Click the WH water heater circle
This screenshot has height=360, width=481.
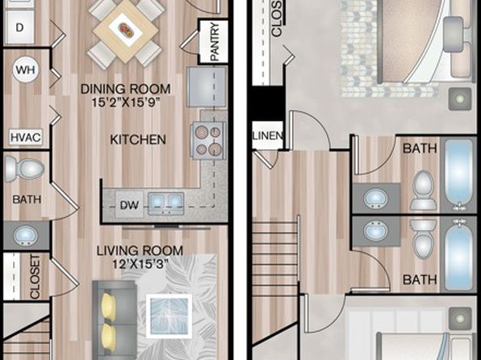pos(26,69)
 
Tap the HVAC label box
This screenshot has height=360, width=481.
pos(26,137)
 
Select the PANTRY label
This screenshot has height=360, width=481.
pos(215,41)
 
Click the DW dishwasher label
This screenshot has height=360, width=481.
pos(129,205)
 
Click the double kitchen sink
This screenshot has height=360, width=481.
pos(166,203)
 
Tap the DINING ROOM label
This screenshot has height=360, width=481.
pos(125,89)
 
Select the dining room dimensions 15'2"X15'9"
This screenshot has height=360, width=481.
pos(126,103)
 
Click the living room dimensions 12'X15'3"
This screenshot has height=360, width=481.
pos(140,264)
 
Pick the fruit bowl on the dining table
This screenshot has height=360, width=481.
pos(125,30)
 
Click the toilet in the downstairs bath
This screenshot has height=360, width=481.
pos(24,168)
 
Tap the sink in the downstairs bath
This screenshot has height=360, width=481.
pos(26,236)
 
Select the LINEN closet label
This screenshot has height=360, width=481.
pos(267,136)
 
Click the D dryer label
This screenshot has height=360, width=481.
pos(19,27)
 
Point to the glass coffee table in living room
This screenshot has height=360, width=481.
pos(169,316)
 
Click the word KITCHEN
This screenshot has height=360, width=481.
pos(138,140)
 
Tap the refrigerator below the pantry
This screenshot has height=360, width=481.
pos(207,87)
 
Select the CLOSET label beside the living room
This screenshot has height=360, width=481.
pos(35,277)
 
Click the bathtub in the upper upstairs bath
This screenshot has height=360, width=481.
pos(458,174)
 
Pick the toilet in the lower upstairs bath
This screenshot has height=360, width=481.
pos(424,238)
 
